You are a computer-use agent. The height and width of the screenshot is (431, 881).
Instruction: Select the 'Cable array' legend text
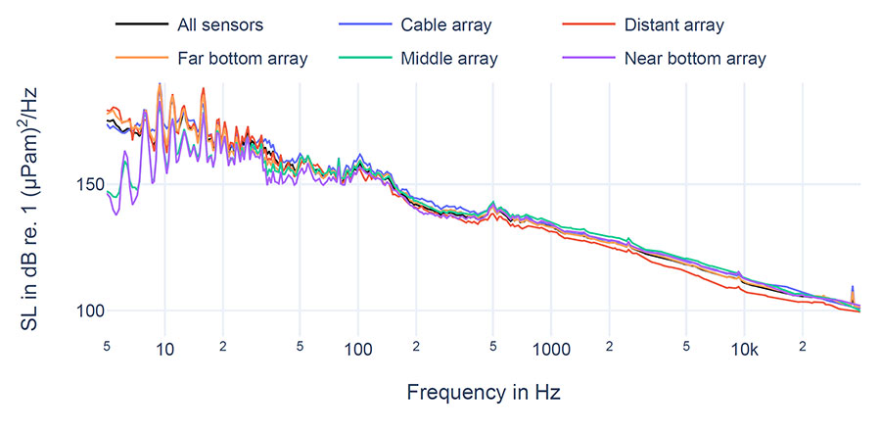tap(446, 24)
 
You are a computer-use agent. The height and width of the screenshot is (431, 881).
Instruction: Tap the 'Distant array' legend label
tap(674, 24)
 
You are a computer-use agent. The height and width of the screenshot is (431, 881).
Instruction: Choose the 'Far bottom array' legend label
tap(243, 58)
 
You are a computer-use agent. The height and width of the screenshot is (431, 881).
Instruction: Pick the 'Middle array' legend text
tap(449, 58)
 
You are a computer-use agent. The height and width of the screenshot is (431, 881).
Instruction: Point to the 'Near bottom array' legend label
tap(695, 58)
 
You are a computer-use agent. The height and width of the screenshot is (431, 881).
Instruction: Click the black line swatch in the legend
tap(132, 24)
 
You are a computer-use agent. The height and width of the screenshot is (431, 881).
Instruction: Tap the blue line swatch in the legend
tap(356, 24)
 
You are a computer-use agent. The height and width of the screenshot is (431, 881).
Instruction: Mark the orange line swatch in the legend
tap(132, 58)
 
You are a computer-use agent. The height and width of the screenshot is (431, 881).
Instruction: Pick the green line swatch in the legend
tap(356, 58)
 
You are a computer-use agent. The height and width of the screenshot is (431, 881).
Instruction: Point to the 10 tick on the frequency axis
tap(164, 350)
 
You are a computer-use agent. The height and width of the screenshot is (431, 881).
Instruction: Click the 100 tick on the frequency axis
tap(357, 350)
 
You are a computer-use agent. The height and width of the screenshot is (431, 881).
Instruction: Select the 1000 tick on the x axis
tap(551, 350)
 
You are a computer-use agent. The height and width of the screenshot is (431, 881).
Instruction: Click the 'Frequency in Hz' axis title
tap(484, 393)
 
